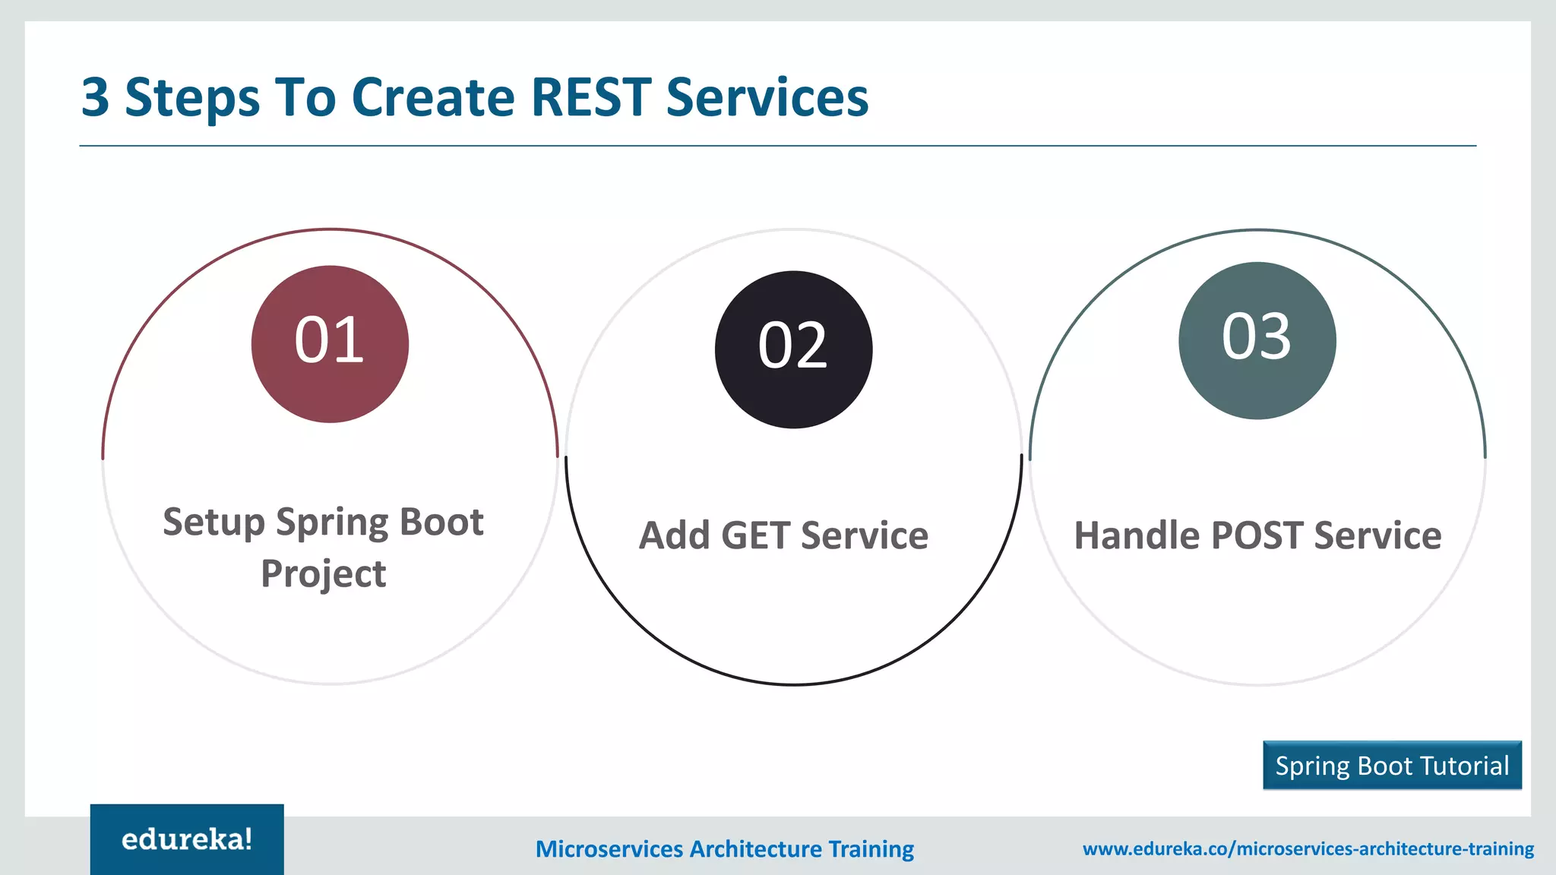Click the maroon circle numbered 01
coord(330,343)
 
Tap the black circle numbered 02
coord(793,349)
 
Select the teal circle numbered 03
coord(1257,340)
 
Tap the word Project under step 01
coord(324,573)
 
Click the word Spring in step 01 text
coord(332,523)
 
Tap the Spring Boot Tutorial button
coord(1392,766)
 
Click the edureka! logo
coord(187,839)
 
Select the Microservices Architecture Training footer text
coord(725,848)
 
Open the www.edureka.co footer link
coord(1308,848)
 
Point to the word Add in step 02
coord(674,535)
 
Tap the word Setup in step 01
coord(213,523)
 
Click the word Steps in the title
coord(191,99)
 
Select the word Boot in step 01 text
coord(441,522)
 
